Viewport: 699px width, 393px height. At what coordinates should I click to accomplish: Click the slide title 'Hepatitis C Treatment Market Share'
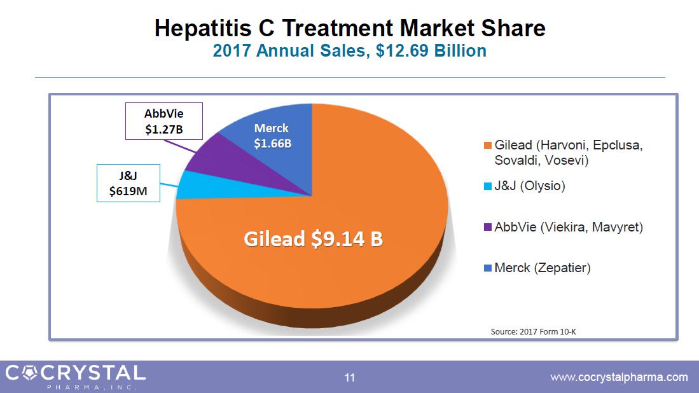click(350, 29)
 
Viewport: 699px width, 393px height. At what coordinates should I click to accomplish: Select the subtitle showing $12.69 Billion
click(350, 51)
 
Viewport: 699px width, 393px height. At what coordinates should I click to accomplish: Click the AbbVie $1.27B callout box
click(164, 121)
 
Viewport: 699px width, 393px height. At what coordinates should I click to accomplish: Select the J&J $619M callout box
click(128, 183)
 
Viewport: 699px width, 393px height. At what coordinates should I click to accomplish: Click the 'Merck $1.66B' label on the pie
click(272, 137)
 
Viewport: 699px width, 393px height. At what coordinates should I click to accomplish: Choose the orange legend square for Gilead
click(488, 146)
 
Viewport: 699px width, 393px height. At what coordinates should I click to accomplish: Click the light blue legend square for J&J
click(488, 186)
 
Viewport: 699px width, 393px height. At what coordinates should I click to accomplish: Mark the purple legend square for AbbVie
click(488, 227)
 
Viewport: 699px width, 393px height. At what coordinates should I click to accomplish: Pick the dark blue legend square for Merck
click(488, 268)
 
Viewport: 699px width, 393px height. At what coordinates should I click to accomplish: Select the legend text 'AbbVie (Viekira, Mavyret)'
click(569, 227)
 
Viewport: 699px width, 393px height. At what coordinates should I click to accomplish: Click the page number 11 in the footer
click(349, 378)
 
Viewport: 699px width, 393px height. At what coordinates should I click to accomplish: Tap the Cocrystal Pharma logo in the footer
click(75, 375)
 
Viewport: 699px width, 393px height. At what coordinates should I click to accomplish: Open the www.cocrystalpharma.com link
click(618, 377)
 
